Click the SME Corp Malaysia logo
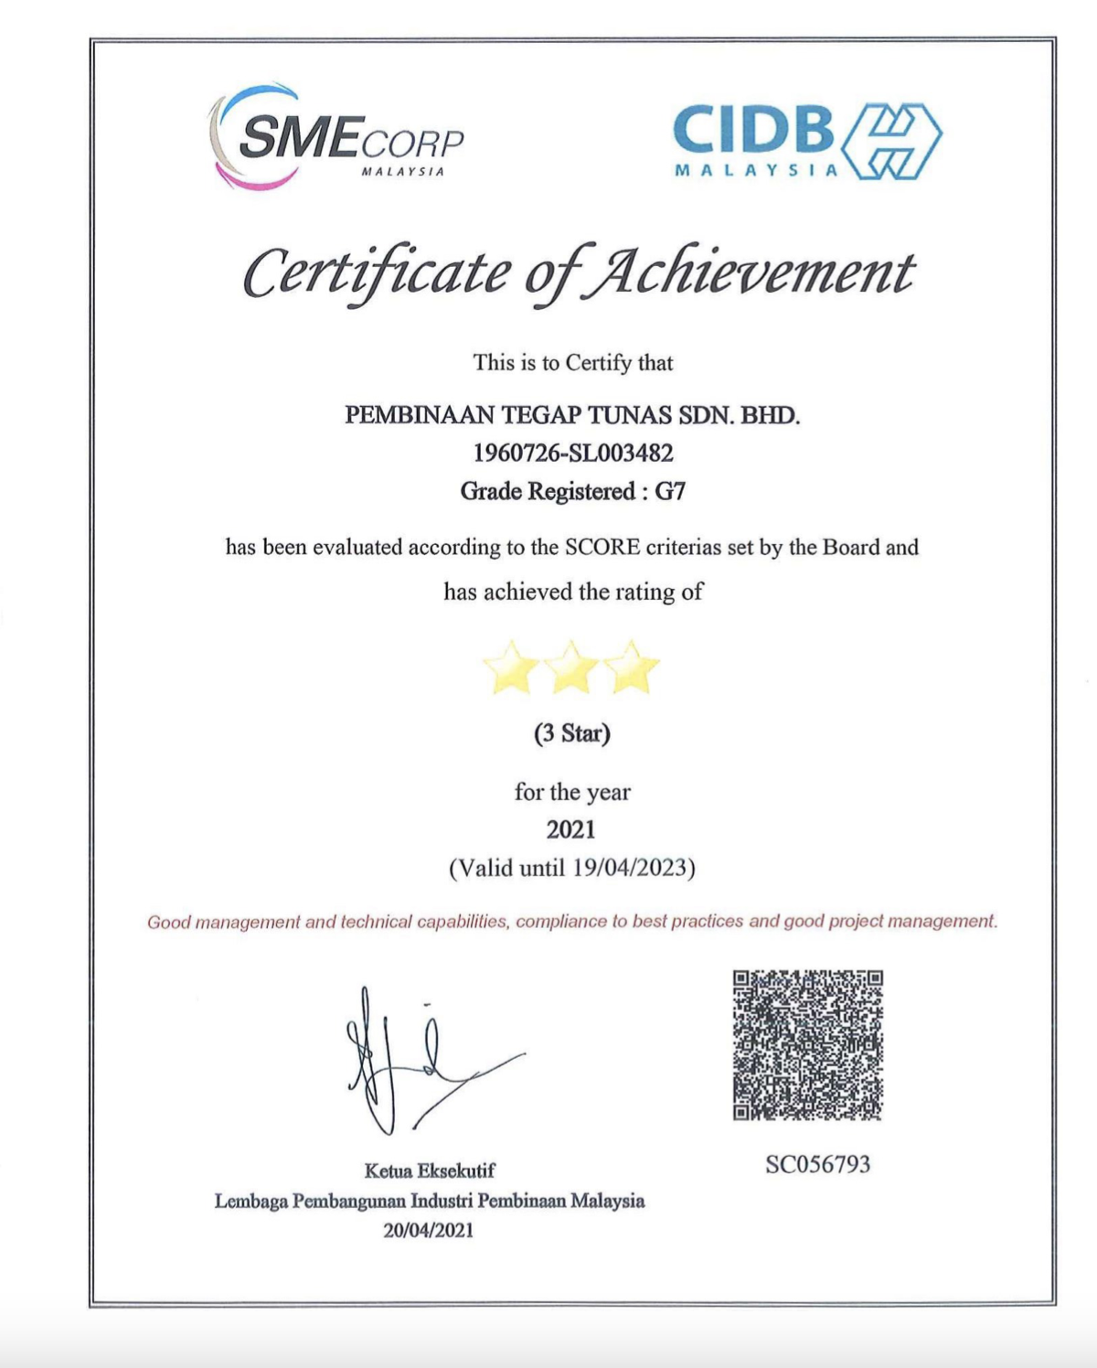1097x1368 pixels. [x=336, y=137]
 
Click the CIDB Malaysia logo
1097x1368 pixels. [x=806, y=141]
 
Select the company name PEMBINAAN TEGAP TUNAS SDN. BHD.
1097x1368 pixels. [x=572, y=415]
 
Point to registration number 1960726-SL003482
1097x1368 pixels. [x=572, y=453]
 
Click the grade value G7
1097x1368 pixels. [x=670, y=491]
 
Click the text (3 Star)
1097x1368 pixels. [x=572, y=733]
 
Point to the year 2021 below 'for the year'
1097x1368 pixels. [x=571, y=829]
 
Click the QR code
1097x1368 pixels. [x=808, y=1045]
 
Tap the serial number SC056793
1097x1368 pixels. [x=818, y=1164]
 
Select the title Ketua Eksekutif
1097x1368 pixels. [x=430, y=1170]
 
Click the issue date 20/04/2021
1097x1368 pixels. [x=429, y=1230]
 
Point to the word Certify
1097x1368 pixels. [x=599, y=363]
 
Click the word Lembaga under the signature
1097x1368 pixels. [x=250, y=1201]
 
